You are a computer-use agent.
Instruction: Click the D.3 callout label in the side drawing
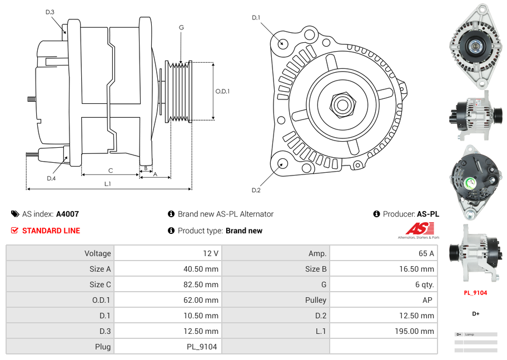50,12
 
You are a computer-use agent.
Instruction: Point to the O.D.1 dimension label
222,91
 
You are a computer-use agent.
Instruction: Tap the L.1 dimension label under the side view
107,183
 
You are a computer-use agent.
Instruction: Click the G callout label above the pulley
181,27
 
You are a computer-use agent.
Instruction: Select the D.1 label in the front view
256,18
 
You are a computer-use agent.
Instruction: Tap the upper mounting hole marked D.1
282,43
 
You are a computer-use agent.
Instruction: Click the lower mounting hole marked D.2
282,163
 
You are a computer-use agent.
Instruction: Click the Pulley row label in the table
316,300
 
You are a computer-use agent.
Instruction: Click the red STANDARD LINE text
51,231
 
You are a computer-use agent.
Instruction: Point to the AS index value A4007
67,214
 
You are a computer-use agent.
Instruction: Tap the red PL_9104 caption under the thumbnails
475,293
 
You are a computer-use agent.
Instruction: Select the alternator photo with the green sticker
475,181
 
